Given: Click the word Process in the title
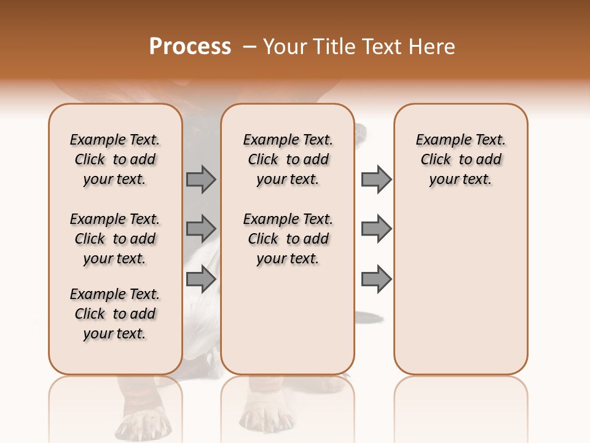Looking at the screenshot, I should click(x=190, y=47).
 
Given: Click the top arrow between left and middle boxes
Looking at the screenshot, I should click(x=201, y=179).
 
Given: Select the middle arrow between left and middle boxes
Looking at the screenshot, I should click(x=201, y=229).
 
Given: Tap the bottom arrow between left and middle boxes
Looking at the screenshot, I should click(x=201, y=279).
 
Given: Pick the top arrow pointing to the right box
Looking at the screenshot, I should click(x=376, y=179).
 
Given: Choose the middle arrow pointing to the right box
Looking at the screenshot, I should click(x=376, y=229).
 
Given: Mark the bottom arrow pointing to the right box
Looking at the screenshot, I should click(x=376, y=279).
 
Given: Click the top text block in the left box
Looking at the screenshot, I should click(x=115, y=159).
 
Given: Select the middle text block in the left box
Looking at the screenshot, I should click(x=115, y=239).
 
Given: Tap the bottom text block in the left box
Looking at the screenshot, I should click(x=115, y=314).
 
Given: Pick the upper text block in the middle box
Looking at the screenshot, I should click(x=288, y=159).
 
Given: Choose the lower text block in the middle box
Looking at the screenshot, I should click(x=288, y=239).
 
